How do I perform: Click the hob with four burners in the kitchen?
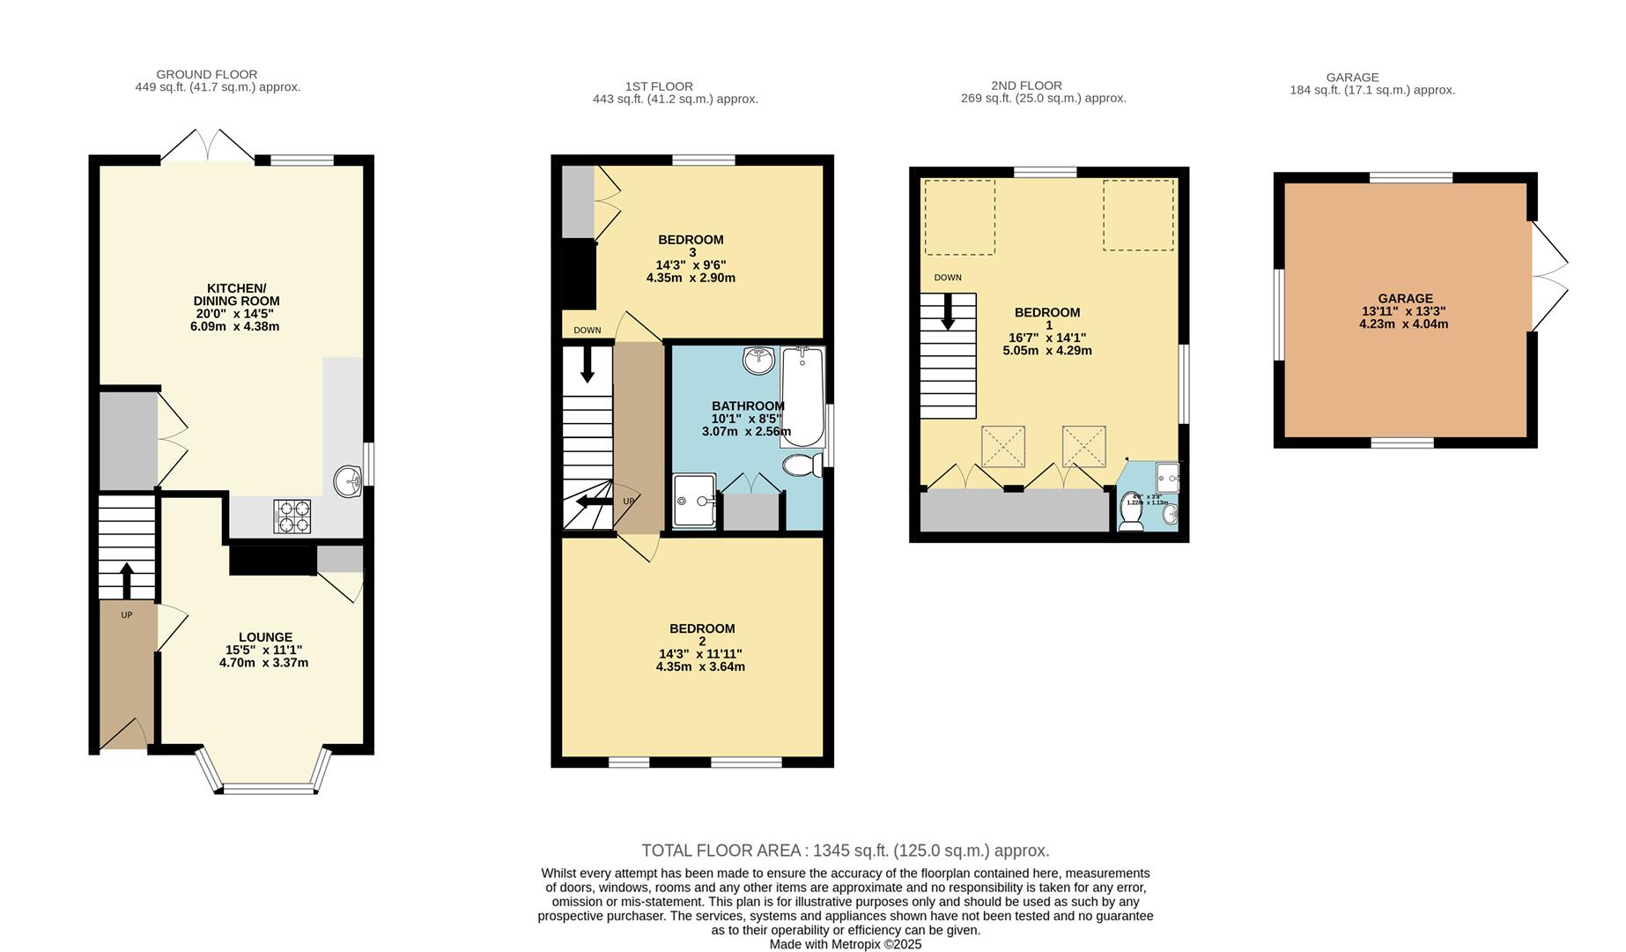pos(293,517)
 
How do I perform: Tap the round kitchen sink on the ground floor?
pos(348,482)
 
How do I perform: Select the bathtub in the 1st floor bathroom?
pos(802,397)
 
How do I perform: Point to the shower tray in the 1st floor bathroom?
pos(694,502)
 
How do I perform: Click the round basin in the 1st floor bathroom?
pos(758,360)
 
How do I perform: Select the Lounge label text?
pos(265,637)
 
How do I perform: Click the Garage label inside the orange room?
pos(1405,299)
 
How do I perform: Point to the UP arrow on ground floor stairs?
pos(126,579)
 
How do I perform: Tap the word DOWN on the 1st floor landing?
pos(587,331)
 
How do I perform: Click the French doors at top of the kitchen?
pos(208,146)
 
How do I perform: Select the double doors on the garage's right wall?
pos(1549,276)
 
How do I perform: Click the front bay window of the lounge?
pos(268,787)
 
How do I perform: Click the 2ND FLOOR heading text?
pos(1026,86)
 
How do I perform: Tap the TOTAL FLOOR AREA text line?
pos(845,851)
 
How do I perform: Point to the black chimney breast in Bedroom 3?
pos(580,274)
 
